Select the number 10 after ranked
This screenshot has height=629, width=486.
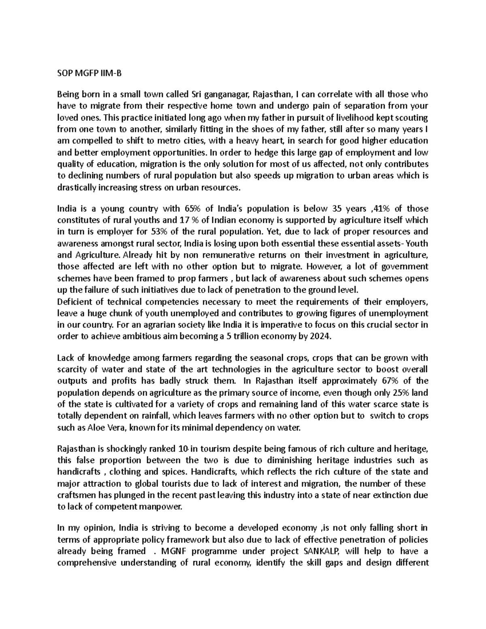(183, 449)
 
